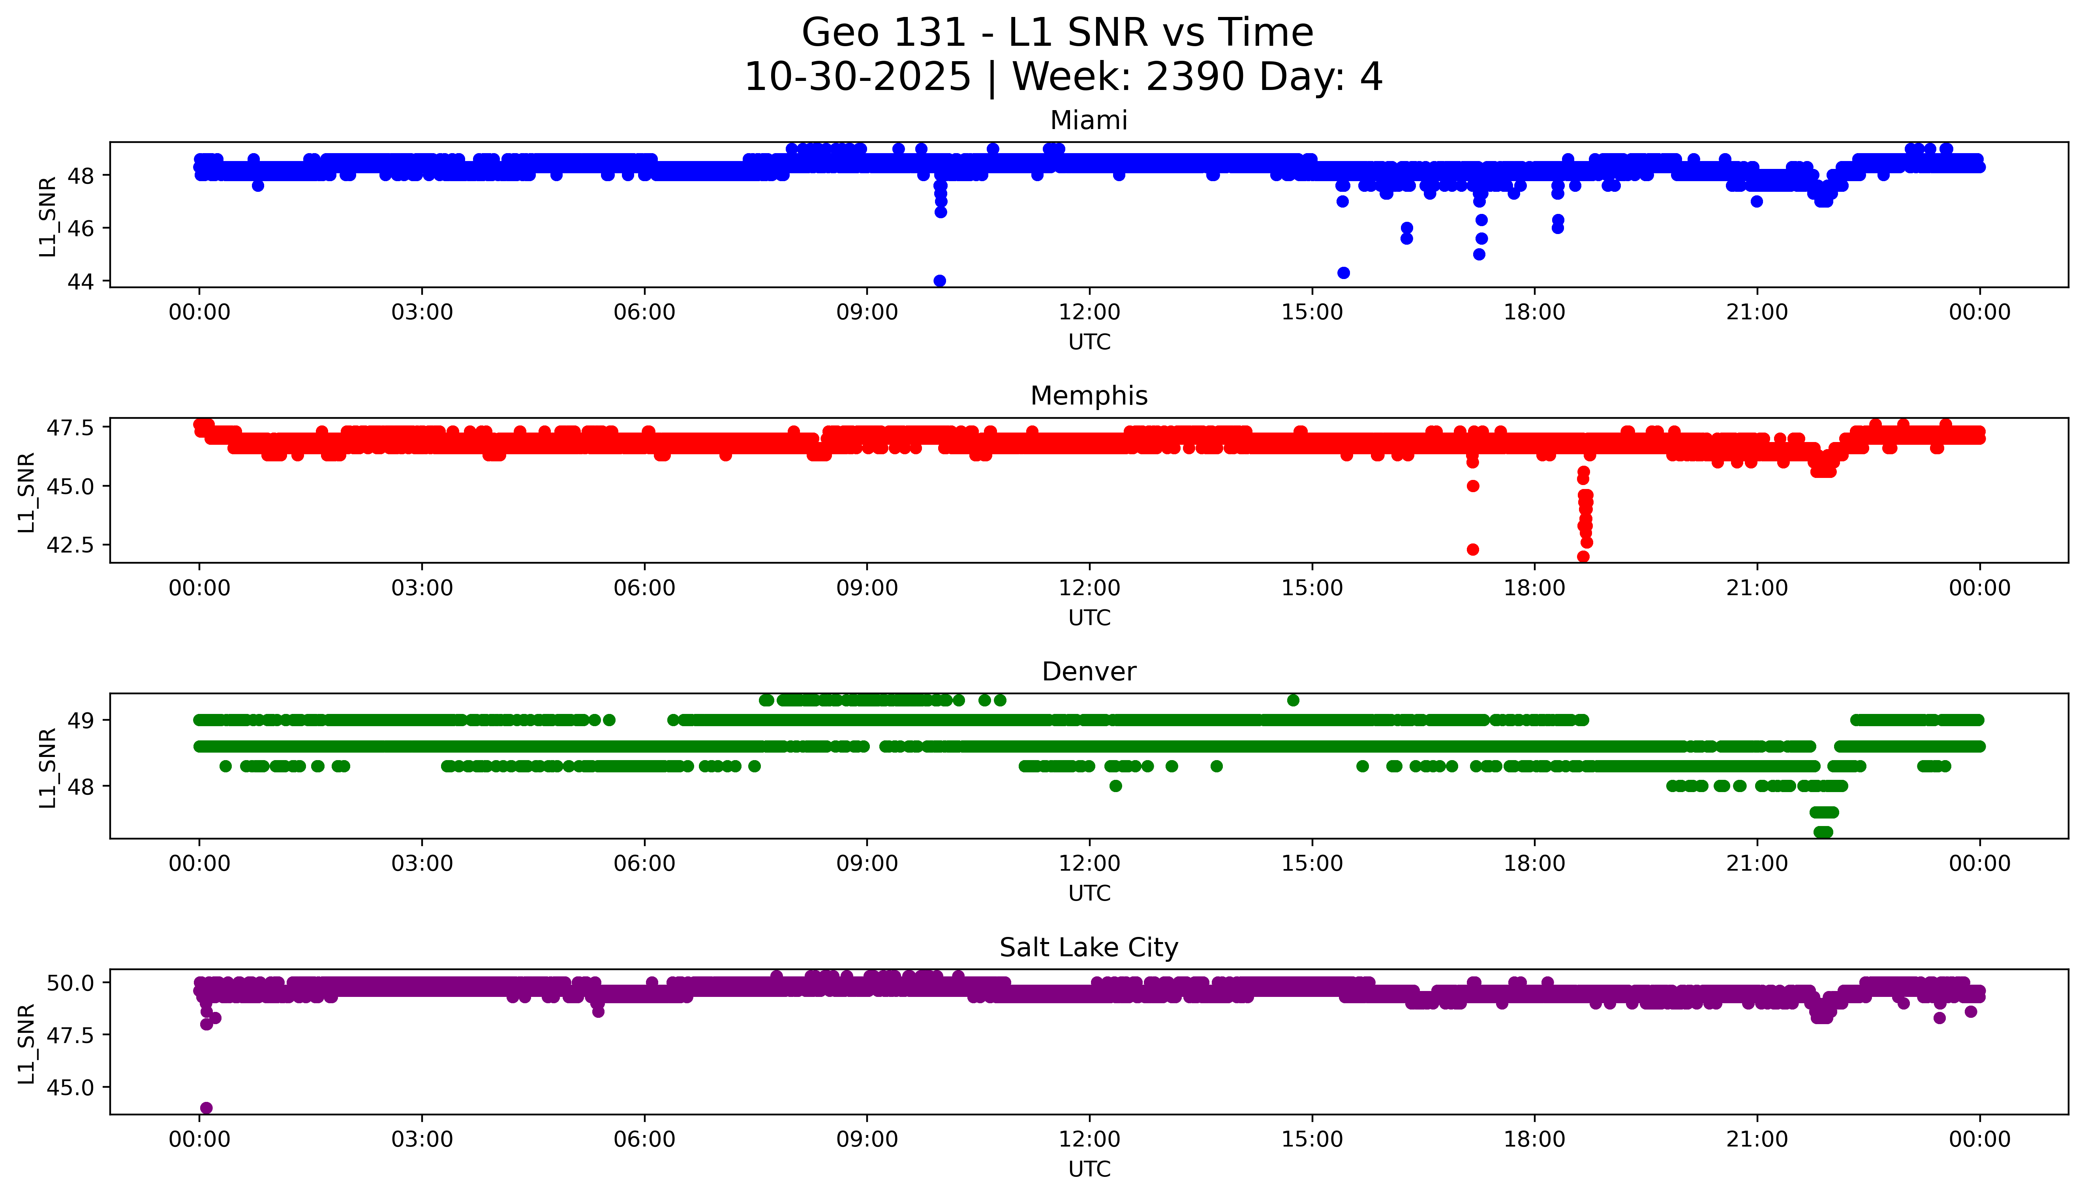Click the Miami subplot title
pos(1088,121)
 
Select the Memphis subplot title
pos(1088,396)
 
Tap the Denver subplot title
pos(1088,672)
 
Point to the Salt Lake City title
pos(1088,948)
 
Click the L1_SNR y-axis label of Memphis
pos(27,492)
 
